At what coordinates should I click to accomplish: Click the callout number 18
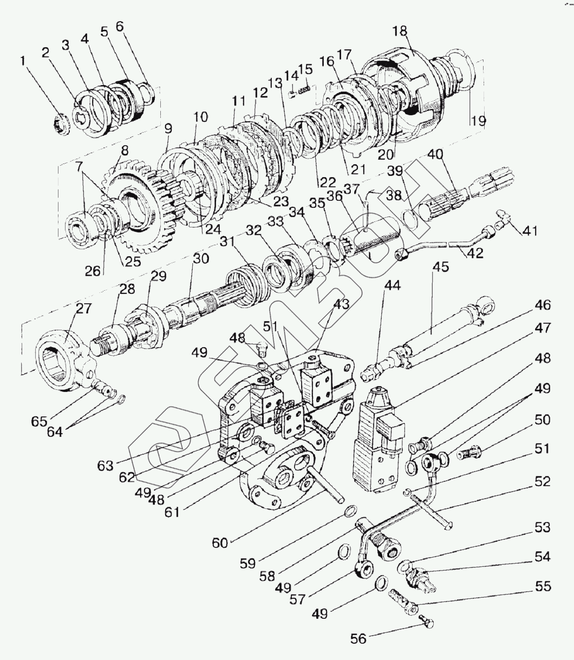click(400, 31)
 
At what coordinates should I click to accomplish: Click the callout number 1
click(23, 61)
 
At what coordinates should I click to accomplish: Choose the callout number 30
click(201, 259)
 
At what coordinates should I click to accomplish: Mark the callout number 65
click(39, 421)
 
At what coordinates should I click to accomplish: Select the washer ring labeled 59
click(351, 511)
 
